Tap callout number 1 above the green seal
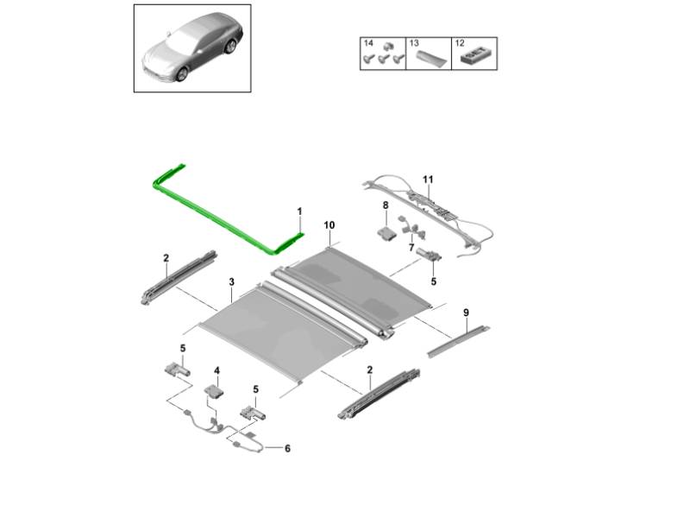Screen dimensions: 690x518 point(299,212)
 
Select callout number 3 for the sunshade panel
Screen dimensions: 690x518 point(231,282)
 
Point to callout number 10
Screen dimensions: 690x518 point(329,225)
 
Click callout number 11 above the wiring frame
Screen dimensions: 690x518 point(428,180)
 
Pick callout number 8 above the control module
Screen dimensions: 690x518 point(386,205)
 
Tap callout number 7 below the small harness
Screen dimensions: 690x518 point(411,247)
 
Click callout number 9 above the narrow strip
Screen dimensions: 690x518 point(466,313)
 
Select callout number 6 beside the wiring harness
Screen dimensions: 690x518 point(287,448)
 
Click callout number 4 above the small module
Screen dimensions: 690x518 point(216,371)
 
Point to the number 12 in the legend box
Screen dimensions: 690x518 point(460,43)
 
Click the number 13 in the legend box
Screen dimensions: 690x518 point(414,43)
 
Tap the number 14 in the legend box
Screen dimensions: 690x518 point(368,43)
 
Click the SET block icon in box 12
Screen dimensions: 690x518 point(474,56)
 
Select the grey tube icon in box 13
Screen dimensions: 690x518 point(432,57)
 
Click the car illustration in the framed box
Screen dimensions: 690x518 point(192,47)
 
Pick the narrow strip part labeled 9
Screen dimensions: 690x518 point(458,341)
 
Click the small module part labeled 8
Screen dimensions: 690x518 point(386,233)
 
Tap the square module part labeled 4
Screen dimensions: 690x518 point(213,391)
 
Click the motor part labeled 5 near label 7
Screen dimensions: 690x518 point(428,255)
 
